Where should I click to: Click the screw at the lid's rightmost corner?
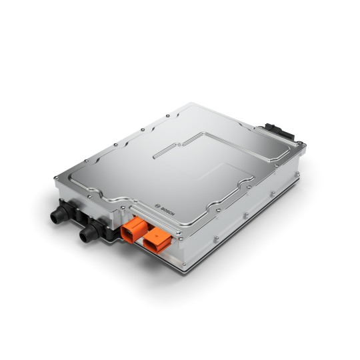click(x=303, y=147)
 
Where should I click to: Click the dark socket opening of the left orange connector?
click(x=133, y=236)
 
